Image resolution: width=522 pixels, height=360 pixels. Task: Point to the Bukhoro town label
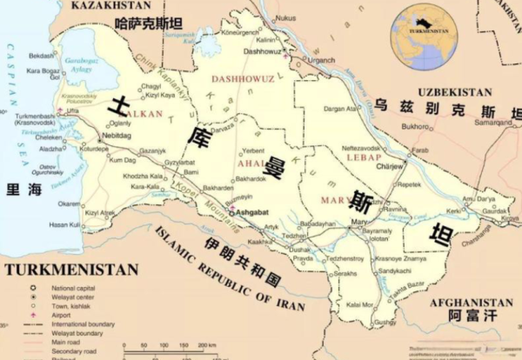pos(414,126)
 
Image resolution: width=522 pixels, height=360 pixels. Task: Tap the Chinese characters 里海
pos(23,190)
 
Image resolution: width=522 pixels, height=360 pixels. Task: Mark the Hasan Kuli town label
pos(65,224)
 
